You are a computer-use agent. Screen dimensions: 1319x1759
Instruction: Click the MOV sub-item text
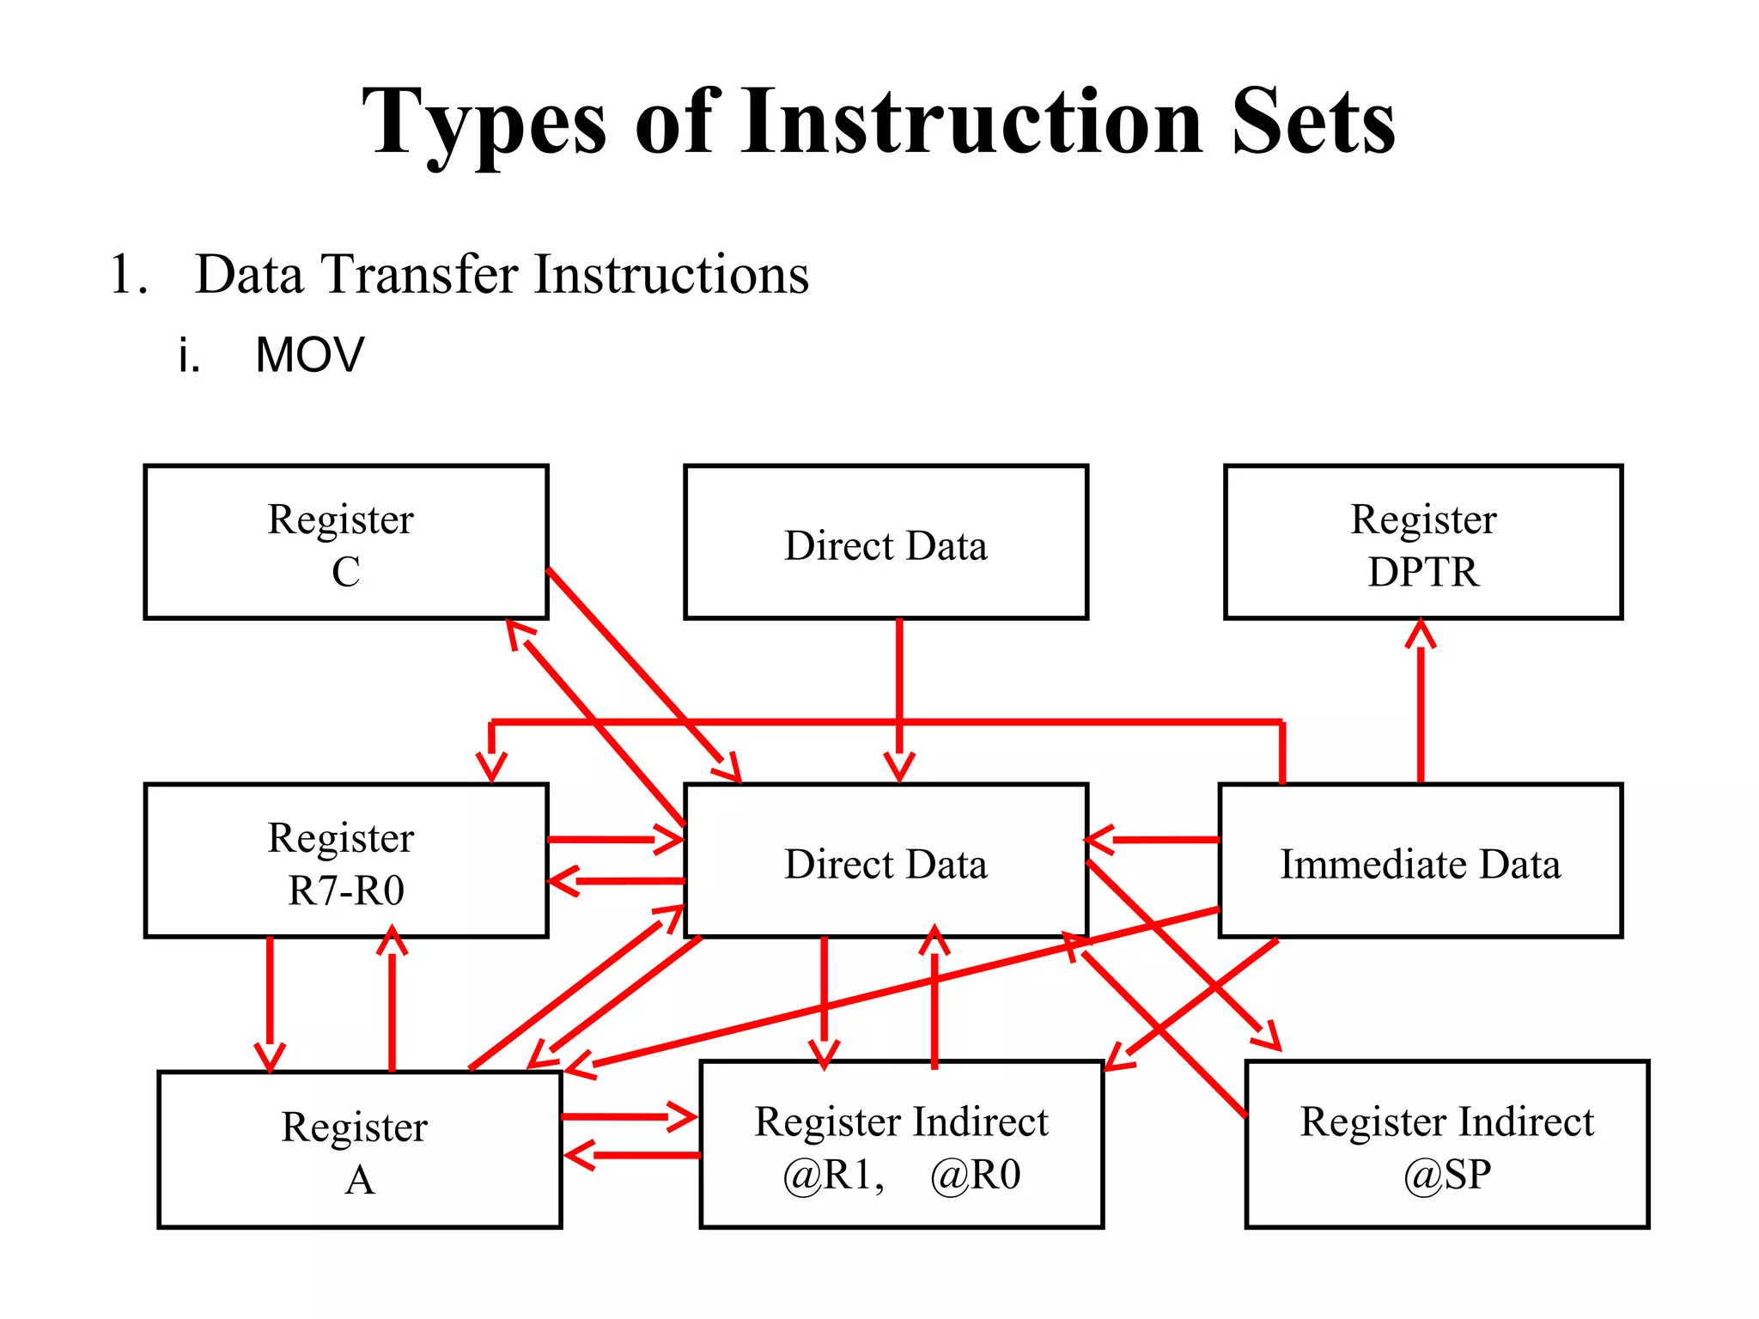pyautogui.click(x=309, y=355)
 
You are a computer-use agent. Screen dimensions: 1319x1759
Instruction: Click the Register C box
pyautogui.click(x=345, y=542)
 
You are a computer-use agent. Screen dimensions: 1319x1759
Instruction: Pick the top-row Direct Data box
pyautogui.click(x=886, y=542)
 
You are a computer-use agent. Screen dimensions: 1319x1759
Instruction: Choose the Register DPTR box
pyautogui.click(x=1422, y=542)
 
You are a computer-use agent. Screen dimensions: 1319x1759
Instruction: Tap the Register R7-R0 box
pyautogui.click(x=345, y=860)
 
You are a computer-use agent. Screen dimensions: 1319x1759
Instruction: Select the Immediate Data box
pyautogui.click(x=1420, y=860)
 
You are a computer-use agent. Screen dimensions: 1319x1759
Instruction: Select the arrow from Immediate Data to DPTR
pyautogui.click(x=1421, y=700)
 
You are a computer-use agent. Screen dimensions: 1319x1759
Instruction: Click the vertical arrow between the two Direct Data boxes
pyautogui.click(x=899, y=696)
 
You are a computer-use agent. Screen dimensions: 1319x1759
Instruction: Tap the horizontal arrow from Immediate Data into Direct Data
pyautogui.click(x=1151, y=839)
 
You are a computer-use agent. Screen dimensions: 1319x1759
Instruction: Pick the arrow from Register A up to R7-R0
pyautogui.click(x=393, y=1000)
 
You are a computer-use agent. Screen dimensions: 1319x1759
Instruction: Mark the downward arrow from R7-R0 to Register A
pyautogui.click(x=270, y=1000)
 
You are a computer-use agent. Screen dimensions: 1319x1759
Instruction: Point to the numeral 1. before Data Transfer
pyautogui.click(x=129, y=275)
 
